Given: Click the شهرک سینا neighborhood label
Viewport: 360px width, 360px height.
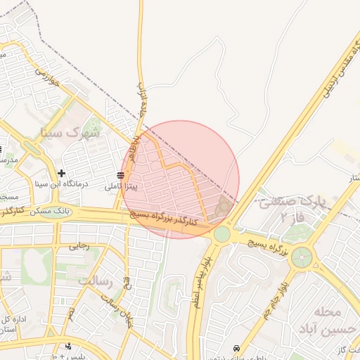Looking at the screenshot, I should point(71,131).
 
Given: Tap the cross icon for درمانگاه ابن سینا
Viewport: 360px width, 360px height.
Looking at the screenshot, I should point(62,173).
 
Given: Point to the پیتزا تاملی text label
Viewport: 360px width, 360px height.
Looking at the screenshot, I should point(121,187).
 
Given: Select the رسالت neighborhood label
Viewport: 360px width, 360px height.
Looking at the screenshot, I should point(95,281).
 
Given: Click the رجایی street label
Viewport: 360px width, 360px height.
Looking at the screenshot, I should point(79,245).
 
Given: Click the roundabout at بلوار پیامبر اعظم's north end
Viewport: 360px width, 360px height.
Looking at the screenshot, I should point(222,233).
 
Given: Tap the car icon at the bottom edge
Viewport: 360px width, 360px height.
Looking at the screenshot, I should point(237,349).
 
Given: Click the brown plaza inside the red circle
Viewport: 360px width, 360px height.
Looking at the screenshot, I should point(224,207).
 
